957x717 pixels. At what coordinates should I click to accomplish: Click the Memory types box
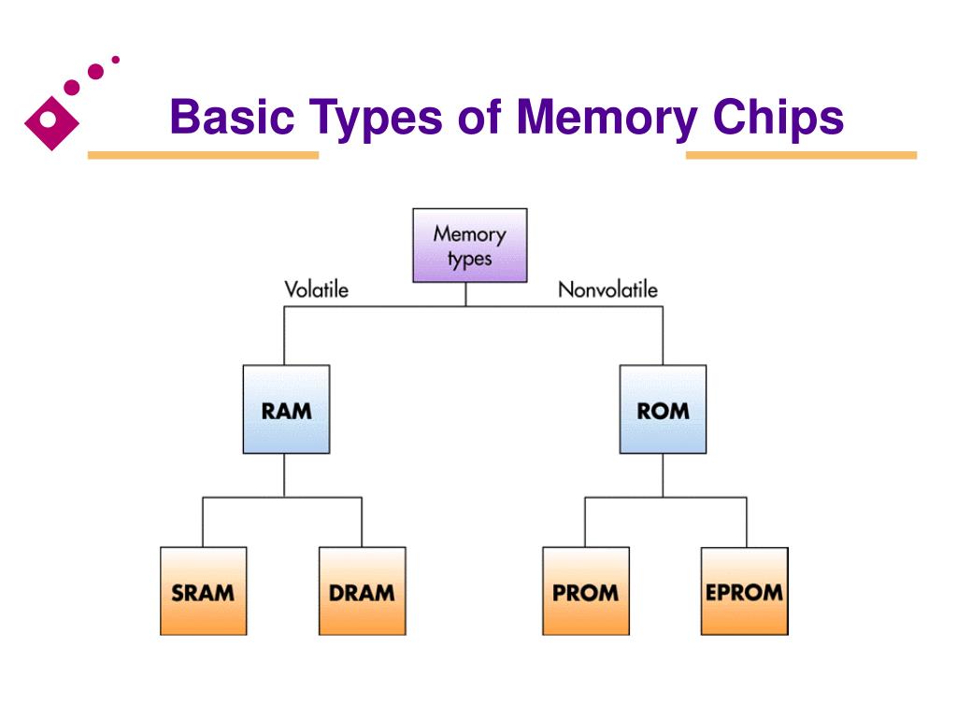469,246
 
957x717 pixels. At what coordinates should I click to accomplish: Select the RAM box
286,409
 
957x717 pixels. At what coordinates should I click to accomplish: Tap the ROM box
663,409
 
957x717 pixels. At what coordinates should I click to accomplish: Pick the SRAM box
203,591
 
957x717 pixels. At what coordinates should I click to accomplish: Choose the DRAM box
362,591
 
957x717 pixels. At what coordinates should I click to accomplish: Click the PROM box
586,591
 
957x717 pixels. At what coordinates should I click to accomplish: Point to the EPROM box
745,591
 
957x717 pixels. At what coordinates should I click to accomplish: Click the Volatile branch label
316,289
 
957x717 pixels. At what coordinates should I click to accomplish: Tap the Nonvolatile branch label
607,289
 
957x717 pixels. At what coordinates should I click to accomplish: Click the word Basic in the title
232,117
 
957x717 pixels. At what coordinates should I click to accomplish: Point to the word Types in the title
376,119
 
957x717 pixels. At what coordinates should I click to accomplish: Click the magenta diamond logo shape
51,122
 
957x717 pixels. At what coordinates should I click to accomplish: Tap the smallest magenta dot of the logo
115,60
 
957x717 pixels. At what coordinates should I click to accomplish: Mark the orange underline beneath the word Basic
203,155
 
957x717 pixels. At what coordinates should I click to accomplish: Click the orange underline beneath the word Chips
801,155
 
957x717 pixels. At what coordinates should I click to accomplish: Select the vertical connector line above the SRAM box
203,522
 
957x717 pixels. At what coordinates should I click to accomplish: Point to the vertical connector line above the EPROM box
746,522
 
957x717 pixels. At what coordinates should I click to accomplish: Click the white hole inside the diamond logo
49,119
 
